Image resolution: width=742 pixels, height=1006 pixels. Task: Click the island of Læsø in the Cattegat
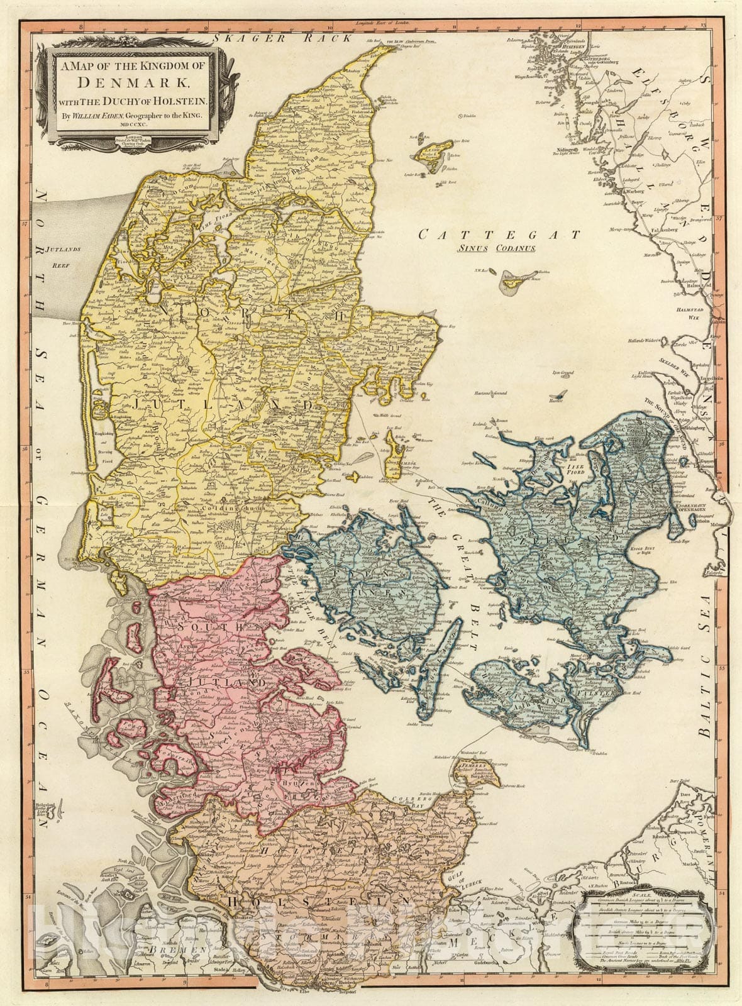coord(429,150)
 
